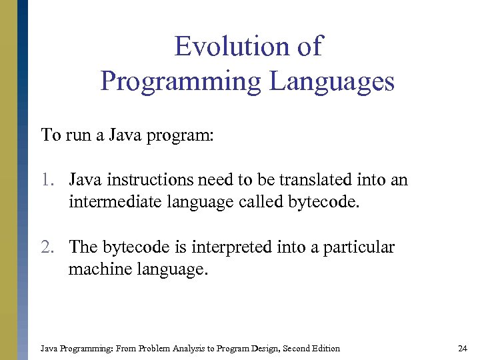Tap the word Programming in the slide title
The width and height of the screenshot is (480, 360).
181,82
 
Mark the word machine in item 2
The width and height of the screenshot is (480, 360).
93,269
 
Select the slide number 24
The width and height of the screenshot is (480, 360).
463,348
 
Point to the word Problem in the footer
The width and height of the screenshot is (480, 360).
155,348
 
